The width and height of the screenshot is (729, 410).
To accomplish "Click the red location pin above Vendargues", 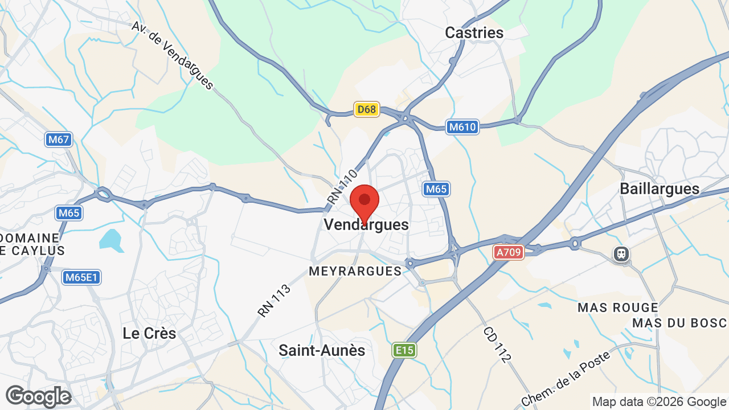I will [x=364, y=202].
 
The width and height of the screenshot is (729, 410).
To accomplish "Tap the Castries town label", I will [x=474, y=33].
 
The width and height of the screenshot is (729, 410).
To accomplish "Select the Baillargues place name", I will [x=659, y=188].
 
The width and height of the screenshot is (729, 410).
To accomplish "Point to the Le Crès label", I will [x=149, y=333].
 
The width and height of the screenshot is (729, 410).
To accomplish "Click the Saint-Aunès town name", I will [x=322, y=350].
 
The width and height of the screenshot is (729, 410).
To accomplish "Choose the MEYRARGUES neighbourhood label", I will [x=355, y=271].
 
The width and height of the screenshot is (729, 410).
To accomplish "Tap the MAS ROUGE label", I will [x=617, y=307].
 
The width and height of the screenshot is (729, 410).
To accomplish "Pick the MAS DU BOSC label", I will [x=679, y=323].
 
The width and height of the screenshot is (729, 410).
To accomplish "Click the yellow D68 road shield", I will [x=366, y=109].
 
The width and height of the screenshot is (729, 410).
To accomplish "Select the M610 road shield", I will [x=462, y=127].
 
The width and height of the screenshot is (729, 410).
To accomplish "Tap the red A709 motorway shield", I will [x=508, y=252].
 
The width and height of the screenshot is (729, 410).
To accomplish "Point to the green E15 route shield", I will [x=404, y=350].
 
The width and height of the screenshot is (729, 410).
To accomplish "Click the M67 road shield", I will [x=59, y=140].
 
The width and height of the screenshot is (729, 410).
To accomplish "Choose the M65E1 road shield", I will [x=82, y=277].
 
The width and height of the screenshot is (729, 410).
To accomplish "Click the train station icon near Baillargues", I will [x=621, y=253].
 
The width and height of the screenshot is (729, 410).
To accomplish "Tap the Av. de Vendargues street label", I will [x=172, y=55].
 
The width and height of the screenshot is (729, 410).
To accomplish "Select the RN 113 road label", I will [x=275, y=300].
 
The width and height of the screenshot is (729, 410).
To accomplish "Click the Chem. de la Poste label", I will [x=566, y=379].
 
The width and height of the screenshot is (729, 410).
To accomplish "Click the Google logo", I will [x=38, y=396].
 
